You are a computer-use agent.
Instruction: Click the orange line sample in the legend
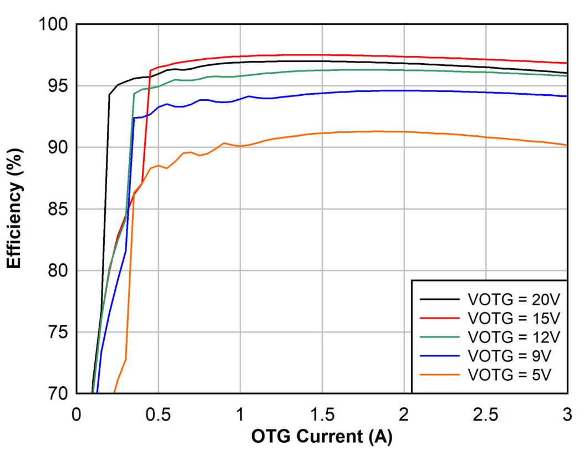pos(440,375)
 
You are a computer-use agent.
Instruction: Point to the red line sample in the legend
pos(440,318)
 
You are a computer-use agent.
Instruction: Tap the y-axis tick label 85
pos(58,209)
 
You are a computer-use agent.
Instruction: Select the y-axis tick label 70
pos(58,394)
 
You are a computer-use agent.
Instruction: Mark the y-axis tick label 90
pos(58,147)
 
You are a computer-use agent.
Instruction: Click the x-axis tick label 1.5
pos(322,414)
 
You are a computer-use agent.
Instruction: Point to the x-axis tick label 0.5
pos(158,414)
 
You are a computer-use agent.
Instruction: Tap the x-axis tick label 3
pos(567,414)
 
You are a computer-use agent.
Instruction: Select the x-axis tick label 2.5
pos(485,414)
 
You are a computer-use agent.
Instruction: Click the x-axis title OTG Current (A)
pos(321,437)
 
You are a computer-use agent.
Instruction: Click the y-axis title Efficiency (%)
pos(15,209)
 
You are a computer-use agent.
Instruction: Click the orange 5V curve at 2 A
pos(404,131)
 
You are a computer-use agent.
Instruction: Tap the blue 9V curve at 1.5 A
pos(322,93)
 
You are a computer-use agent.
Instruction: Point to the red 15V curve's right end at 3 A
pos(566,63)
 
